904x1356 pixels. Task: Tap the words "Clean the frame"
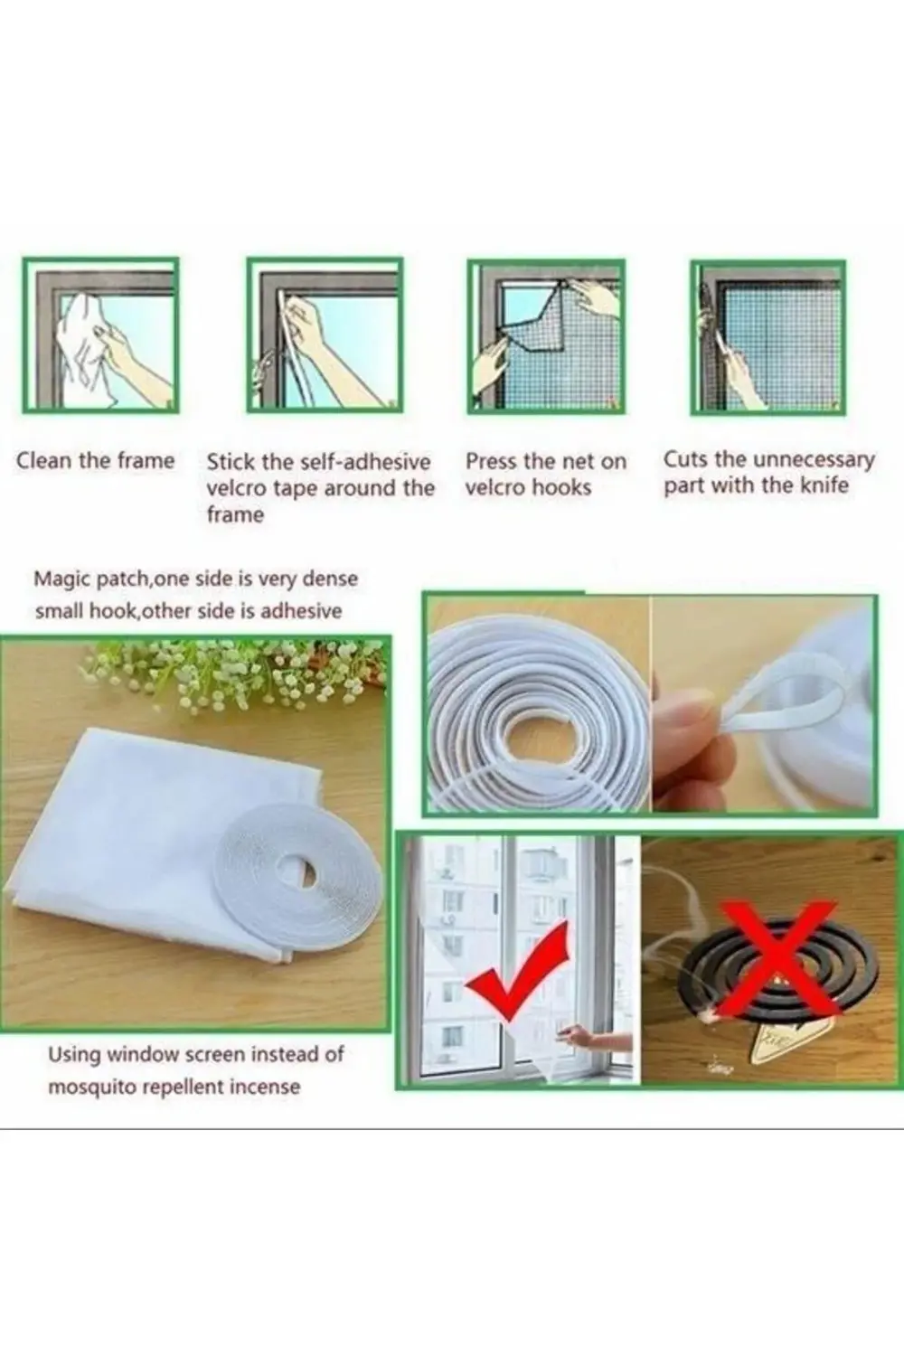click(95, 461)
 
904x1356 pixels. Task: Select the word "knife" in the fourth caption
click(824, 485)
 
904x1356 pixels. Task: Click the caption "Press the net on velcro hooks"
click(545, 475)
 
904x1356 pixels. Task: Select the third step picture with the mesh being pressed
click(545, 336)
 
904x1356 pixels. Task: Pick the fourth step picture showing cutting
click(767, 336)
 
